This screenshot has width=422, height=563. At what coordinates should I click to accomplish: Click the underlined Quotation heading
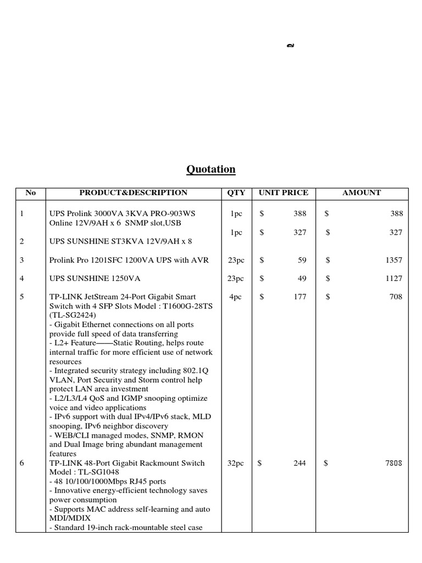click(211, 169)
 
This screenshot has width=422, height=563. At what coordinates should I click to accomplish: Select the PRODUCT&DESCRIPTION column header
click(134, 193)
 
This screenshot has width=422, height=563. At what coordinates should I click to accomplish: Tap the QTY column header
click(235, 193)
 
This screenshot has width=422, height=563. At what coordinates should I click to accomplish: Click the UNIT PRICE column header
click(284, 193)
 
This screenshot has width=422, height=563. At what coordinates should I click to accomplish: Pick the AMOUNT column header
click(361, 193)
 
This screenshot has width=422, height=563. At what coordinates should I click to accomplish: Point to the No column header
click(31, 193)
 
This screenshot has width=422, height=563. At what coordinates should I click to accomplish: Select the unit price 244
click(299, 463)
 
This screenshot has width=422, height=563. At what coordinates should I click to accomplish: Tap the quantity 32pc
click(236, 463)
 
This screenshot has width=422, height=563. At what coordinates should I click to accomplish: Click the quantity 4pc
click(236, 297)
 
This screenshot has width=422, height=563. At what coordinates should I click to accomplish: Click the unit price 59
click(302, 260)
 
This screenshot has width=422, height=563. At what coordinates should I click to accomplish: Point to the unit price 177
click(300, 297)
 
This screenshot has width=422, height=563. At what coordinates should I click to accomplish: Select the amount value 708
click(396, 297)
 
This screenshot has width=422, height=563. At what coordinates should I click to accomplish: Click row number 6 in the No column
click(22, 463)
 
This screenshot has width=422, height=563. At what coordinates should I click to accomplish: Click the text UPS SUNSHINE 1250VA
click(93, 279)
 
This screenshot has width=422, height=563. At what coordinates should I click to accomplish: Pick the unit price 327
click(300, 233)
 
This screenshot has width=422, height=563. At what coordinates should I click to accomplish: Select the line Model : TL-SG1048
click(84, 472)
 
